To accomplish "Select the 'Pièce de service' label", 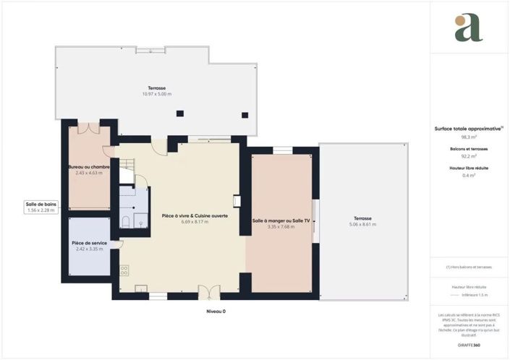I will (x=89, y=243).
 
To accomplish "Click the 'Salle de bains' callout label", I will (x=41, y=205).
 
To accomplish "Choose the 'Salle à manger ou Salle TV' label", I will (x=281, y=220).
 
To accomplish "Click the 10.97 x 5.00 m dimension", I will (x=156, y=94).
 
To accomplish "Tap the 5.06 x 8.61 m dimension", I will (x=362, y=224).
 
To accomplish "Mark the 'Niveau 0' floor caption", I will (x=216, y=312).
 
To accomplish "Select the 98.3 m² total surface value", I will (x=468, y=136).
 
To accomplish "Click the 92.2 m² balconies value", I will (x=468, y=155).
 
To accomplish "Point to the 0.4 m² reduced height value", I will (x=468, y=175).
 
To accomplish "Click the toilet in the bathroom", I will (x=125, y=223).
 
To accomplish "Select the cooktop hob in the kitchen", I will (x=124, y=270).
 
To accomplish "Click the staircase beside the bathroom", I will (x=126, y=173).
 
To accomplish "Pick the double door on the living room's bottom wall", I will (x=208, y=293).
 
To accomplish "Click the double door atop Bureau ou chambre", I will (x=88, y=127).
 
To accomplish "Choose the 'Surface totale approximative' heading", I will (x=467, y=128).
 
